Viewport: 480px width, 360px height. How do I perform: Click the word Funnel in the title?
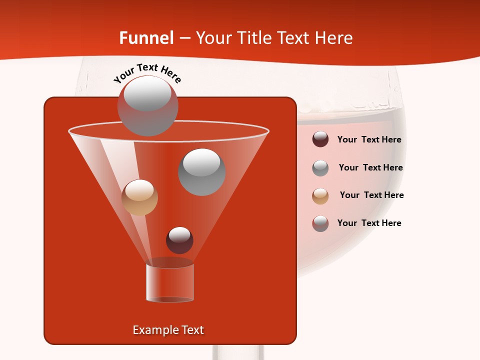coord(146,38)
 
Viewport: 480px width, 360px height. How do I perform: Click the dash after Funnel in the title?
coord(184,38)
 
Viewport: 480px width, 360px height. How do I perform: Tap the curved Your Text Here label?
coord(147,73)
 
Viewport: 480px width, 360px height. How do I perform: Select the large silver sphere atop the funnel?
coord(147,106)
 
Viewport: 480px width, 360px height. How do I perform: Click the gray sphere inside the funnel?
coord(201,171)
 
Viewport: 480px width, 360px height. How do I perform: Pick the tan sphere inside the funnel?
coord(139,197)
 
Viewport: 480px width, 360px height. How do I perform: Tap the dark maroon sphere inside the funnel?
coord(179,240)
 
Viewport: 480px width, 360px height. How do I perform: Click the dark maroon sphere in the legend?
coord(320,139)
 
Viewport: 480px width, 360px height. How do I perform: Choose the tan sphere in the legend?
coord(320,195)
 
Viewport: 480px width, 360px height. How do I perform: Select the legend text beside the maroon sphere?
coord(369,140)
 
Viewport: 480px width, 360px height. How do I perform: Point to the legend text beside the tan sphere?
coord(371,195)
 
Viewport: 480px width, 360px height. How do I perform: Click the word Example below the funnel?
coord(155,330)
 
